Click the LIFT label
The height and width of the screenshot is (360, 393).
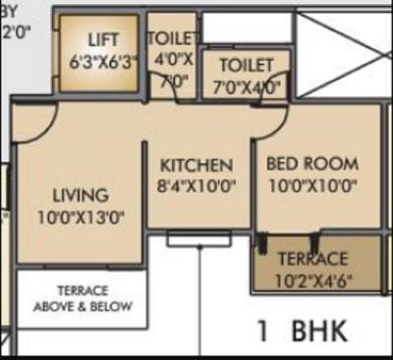coord(102,40)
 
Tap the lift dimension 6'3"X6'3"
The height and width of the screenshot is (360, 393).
coord(102,60)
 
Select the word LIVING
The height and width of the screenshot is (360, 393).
coord(81,196)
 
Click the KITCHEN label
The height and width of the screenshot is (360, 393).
coord(197,164)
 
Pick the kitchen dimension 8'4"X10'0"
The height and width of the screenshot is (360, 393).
coord(197,184)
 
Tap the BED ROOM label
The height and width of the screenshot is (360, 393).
coord(312,163)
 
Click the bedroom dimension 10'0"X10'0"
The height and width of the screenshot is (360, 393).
coord(312,184)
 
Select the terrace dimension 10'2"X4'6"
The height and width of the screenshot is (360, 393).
coord(312,279)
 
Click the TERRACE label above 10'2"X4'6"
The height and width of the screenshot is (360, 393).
coord(312,260)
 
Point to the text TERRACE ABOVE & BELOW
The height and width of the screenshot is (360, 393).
coord(82,298)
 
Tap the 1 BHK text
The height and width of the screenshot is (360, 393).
coord(302,330)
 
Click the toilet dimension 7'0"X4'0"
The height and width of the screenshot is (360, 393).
coord(246,86)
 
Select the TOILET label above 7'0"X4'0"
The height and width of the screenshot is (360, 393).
coord(246,65)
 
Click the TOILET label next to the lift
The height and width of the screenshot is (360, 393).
coord(172,38)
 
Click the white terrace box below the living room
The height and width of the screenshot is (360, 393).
coord(82,301)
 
